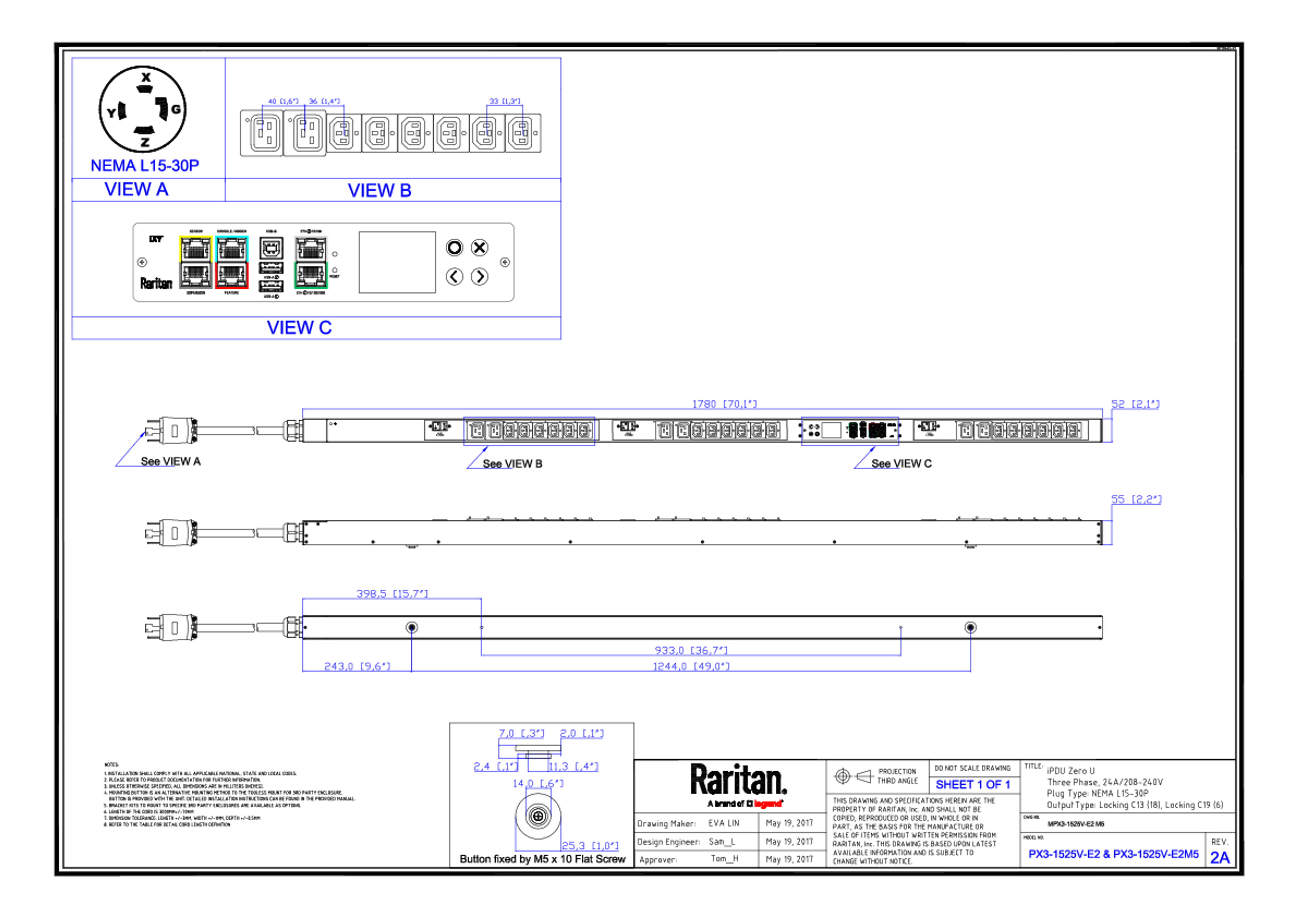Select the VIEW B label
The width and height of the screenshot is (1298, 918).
tap(379, 191)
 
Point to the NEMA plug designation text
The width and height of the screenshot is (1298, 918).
tap(145, 165)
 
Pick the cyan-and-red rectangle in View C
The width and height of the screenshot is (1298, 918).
tap(232, 262)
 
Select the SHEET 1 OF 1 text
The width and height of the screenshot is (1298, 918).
tap(972, 785)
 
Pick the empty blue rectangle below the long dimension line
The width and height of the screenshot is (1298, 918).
tap(529, 431)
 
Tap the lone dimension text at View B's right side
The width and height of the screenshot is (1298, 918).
tap(505, 101)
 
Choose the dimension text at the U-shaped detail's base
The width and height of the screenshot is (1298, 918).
tap(590, 846)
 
